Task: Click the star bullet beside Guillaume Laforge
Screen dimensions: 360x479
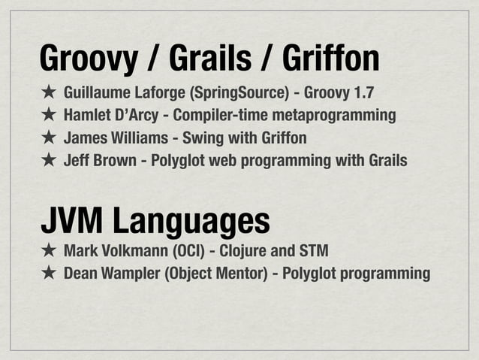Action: coord(47,94)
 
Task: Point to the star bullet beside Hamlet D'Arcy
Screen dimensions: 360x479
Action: coord(47,116)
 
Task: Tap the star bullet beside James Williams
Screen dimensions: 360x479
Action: coord(47,138)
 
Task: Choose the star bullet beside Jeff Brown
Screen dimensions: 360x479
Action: coord(47,160)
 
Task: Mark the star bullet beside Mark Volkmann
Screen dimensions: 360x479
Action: coord(47,250)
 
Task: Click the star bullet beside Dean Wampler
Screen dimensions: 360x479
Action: coord(47,272)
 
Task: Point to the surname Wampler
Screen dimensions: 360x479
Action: coord(128,272)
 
